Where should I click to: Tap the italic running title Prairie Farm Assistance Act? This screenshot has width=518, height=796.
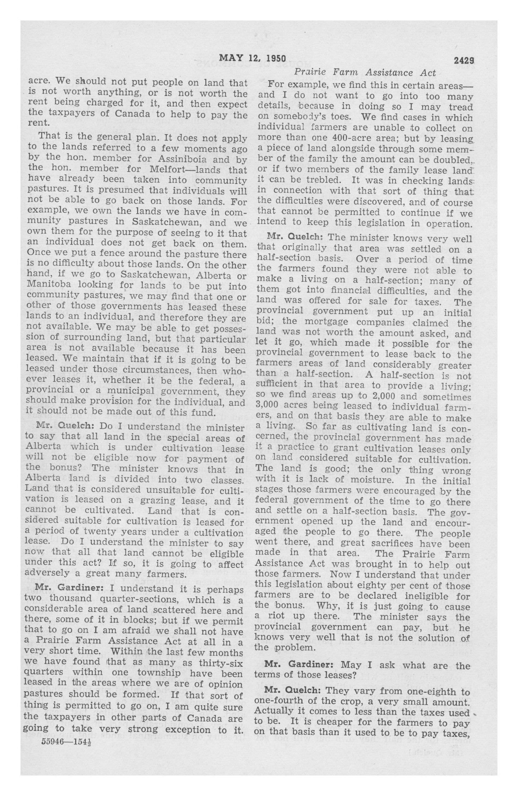point(365,73)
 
